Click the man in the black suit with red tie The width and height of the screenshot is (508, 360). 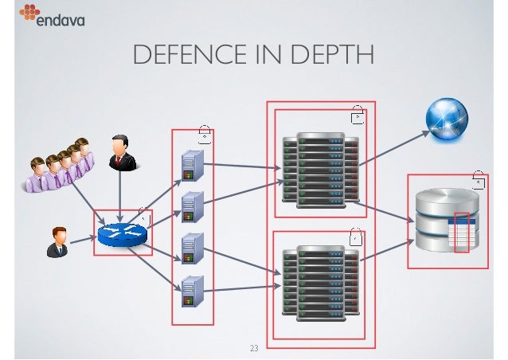click(x=120, y=152)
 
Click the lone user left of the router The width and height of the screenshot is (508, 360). click(x=57, y=241)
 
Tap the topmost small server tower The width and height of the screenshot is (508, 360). click(x=190, y=164)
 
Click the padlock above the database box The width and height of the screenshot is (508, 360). click(x=478, y=179)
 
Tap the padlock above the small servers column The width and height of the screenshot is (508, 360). click(x=205, y=132)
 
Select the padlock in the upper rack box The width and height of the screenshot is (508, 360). click(x=358, y=116)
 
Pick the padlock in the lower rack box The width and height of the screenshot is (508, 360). click(x=358, y=236)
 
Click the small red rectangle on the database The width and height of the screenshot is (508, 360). click(x=462, y=233)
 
